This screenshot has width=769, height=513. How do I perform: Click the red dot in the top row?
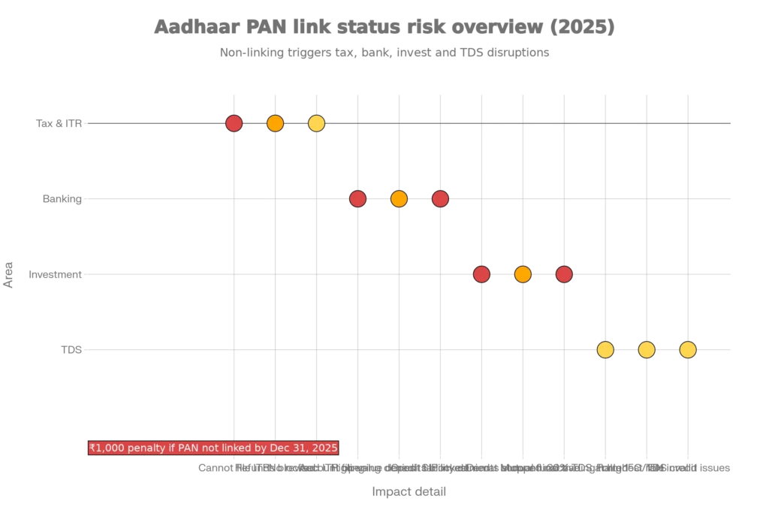point(234,123)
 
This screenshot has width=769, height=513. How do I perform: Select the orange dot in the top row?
point(275,123)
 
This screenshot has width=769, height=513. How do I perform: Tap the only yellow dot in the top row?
point(316,123)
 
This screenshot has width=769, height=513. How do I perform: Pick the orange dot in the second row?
point(399,199)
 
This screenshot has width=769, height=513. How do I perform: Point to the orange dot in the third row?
point(523,274)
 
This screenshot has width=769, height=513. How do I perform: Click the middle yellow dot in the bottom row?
point(647,350)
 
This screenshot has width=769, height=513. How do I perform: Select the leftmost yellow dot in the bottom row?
point(605,350)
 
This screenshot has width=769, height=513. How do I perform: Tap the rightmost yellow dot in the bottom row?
point(688,350)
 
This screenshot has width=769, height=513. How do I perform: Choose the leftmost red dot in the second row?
point(357,199)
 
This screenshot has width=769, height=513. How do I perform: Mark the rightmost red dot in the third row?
point(564,274)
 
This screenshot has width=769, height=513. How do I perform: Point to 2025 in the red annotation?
point(324,448)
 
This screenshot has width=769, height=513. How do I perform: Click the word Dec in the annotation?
point(279,448)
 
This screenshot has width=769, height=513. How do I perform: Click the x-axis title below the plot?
point(411,490)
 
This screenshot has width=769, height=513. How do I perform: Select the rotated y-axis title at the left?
point(10,276)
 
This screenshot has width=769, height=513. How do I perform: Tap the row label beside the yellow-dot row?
point(72,349)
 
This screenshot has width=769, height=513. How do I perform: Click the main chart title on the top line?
point(384,28)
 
